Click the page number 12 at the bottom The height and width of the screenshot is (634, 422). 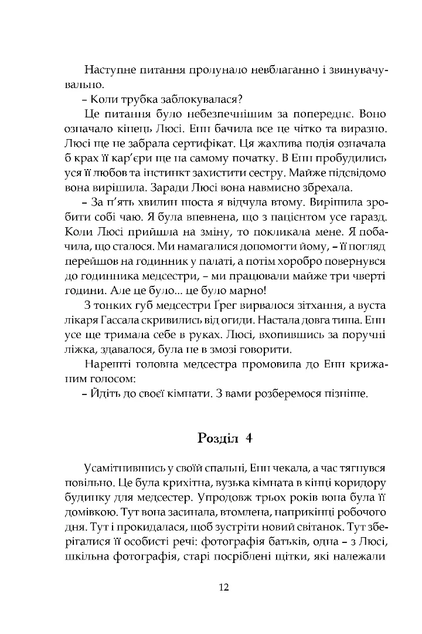[223, 588]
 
